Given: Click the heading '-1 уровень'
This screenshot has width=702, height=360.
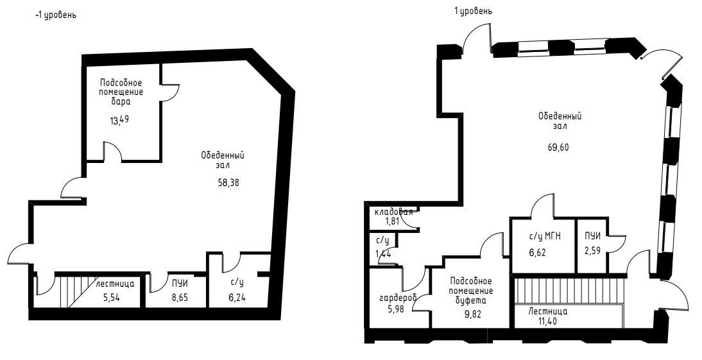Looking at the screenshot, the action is (x=56, y=15).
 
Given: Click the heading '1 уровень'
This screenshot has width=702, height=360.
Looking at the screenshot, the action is (x=473, y=11).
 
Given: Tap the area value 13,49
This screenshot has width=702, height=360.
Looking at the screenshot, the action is (x=119, y=120).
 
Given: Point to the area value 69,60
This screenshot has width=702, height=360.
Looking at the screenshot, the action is (x=558, y=148).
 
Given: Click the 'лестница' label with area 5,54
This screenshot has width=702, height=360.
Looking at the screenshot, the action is (x=115, y=283).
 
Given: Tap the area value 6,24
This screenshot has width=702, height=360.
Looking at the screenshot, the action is (x=237, y=296).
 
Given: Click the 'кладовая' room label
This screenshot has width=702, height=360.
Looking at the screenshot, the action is (x=394, y=212).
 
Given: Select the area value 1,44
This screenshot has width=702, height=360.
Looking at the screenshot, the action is (x=384, y=254).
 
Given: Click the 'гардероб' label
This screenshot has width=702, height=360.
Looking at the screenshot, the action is (x=398, y=297).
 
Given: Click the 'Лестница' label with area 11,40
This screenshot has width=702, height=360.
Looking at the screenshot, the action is (x=547, y=311).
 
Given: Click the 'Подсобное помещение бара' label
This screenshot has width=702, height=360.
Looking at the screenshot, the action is (x=121, y=92).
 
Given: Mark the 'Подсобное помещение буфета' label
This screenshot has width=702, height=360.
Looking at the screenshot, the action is (x=471, y=291).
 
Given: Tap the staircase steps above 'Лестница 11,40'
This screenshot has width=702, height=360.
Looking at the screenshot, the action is (x=569, y=291).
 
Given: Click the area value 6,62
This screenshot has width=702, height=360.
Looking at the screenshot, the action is (x=538, y=252).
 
